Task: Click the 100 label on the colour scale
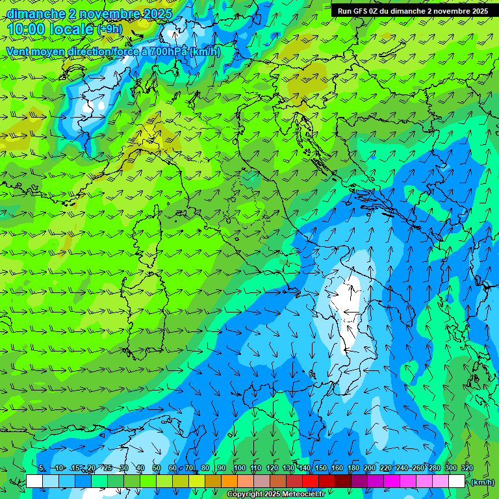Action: pos(240,468)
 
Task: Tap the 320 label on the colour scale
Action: pos(467,468)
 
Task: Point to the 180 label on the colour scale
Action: pos(353,468)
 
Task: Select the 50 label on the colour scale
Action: pos(157,468)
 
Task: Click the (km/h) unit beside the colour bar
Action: pos(483,482)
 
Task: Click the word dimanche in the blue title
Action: pos(33,14)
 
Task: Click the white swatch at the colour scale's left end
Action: pos(34,481)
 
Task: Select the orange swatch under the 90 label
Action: pos(229,481)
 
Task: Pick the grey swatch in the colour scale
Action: pos(261,481)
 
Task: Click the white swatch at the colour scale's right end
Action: pos(457,481)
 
